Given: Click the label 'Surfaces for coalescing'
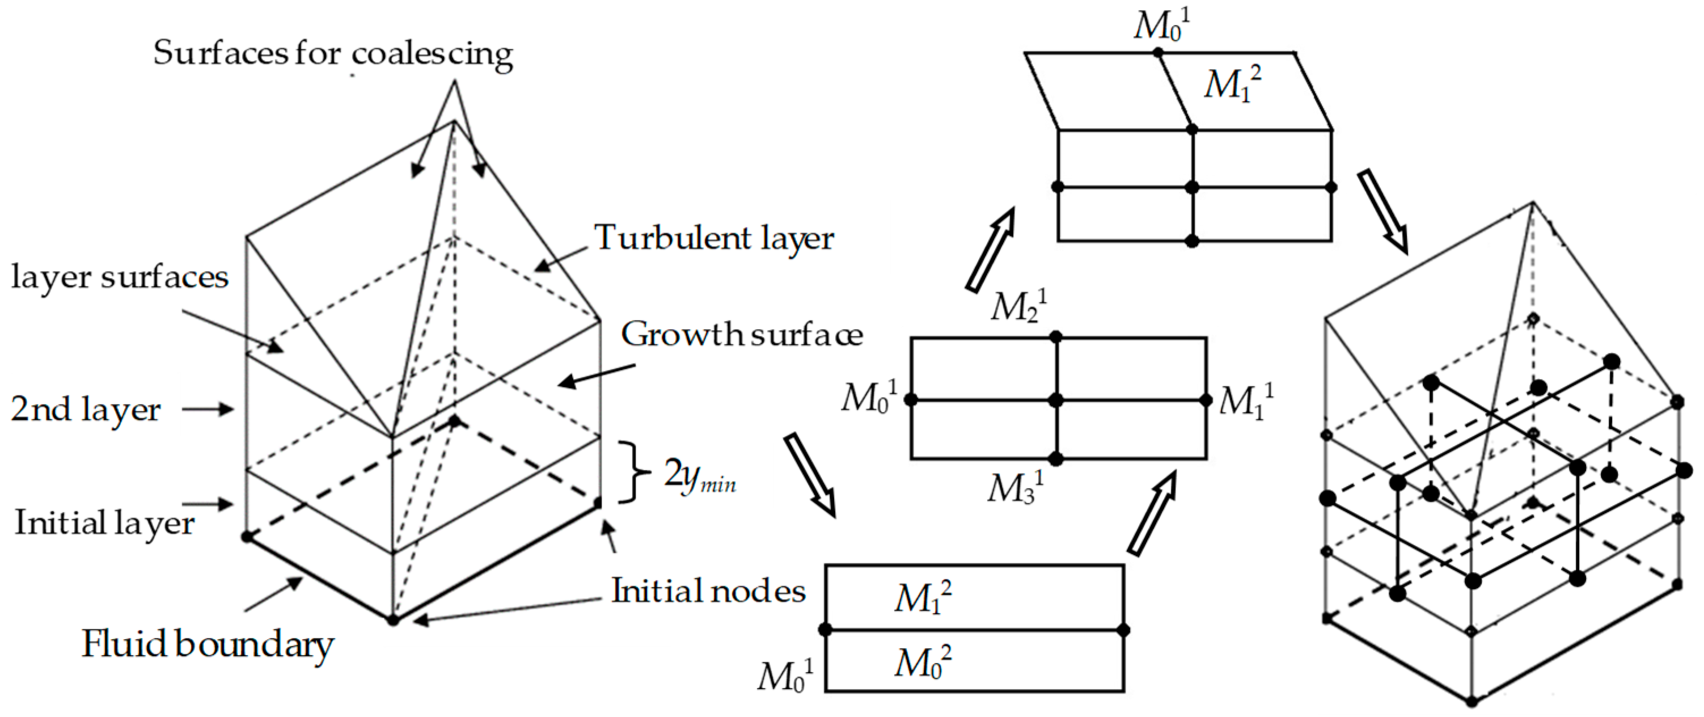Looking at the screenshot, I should [333, 53].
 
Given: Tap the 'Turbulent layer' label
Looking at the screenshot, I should [714, 238].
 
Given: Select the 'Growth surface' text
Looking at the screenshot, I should [742, 334].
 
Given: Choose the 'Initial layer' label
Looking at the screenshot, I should [104, 522].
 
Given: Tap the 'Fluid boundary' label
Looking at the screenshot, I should [207, 644].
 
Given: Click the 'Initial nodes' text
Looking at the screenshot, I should [708, 590].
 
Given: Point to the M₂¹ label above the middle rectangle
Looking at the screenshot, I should [1018, 306].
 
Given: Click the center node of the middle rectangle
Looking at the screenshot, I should [1056, 400].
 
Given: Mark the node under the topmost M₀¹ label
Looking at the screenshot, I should [1157, 52].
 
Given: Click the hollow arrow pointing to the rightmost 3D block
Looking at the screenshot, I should [1382, 212].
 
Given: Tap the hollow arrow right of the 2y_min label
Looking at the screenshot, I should [810, 474].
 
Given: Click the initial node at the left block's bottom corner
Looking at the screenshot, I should [393, 620].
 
